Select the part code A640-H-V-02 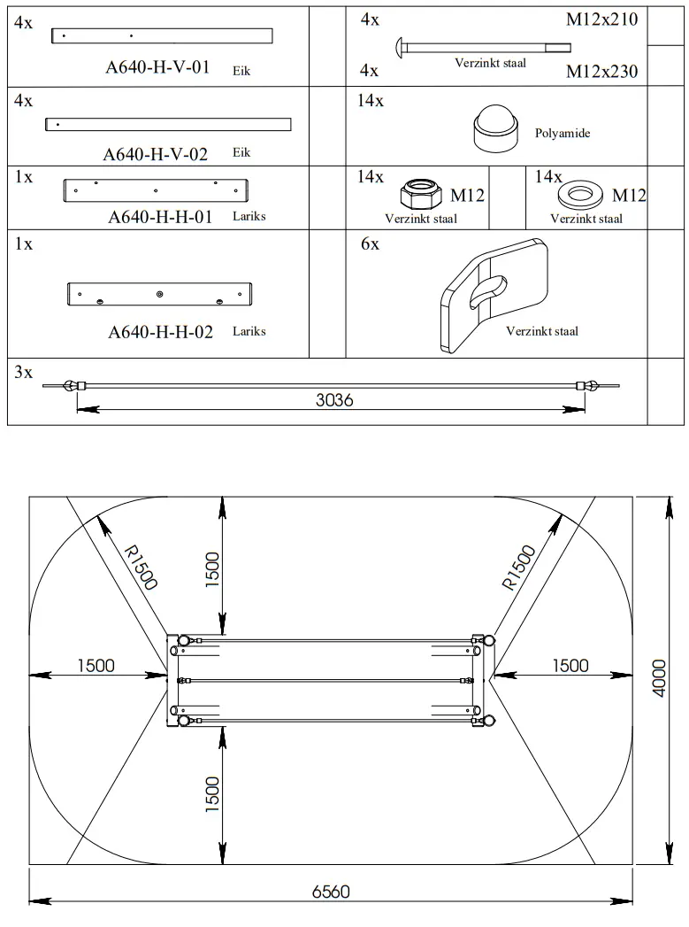pos(156,154)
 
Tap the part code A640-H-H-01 pos(160,217)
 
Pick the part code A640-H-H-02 pos(160,332)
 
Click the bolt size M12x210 pos(601,19)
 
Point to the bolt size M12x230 pos(601,73)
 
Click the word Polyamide pos(562,134)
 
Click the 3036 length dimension pos(334,400)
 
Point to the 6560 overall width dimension pos(331,892)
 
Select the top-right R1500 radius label pos(519,568)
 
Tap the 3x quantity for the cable pos(23,373)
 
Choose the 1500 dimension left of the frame pos(96,666)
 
